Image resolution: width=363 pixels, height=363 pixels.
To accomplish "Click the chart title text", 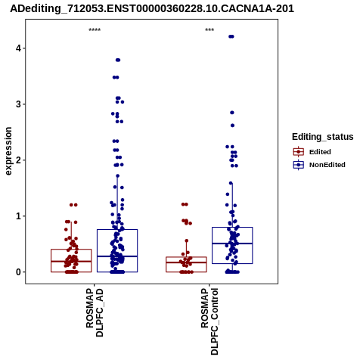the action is tap(152, 8).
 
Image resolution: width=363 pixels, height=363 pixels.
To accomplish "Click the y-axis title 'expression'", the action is tap(8, 151).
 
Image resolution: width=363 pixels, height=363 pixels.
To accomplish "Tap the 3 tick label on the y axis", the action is tap(18, 104).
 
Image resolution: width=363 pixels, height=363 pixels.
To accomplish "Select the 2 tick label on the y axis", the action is tap(18, 160).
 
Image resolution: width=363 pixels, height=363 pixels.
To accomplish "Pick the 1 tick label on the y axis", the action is tap(18, 216).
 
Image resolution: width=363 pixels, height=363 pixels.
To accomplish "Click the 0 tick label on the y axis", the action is tap(18, 272).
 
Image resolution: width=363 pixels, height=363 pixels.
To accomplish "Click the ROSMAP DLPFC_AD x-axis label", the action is tap(95, 312).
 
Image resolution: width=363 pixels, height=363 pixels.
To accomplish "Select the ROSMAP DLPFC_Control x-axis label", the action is tap(209, 321).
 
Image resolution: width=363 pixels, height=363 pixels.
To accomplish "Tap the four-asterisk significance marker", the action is tap(95, 30).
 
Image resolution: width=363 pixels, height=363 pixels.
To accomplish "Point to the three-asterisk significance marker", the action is tap(209, 30).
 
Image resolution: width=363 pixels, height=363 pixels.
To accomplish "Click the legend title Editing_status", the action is tap(323, 137).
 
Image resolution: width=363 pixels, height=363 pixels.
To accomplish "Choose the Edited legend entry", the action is tap(312, 152).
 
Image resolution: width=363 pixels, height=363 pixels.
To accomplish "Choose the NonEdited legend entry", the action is tap(319, 165).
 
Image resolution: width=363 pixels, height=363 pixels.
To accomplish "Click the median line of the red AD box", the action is tap(71, 262).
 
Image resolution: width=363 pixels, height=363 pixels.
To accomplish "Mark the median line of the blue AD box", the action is tap(117, 256).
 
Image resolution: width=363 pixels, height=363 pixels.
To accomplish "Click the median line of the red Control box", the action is tap(186, 262).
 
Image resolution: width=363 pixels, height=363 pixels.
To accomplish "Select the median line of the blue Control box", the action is tap(232, 244).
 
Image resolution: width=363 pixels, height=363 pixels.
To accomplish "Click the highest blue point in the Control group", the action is tap(231, 36).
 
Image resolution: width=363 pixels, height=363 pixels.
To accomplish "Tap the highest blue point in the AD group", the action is tap(118, 60).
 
